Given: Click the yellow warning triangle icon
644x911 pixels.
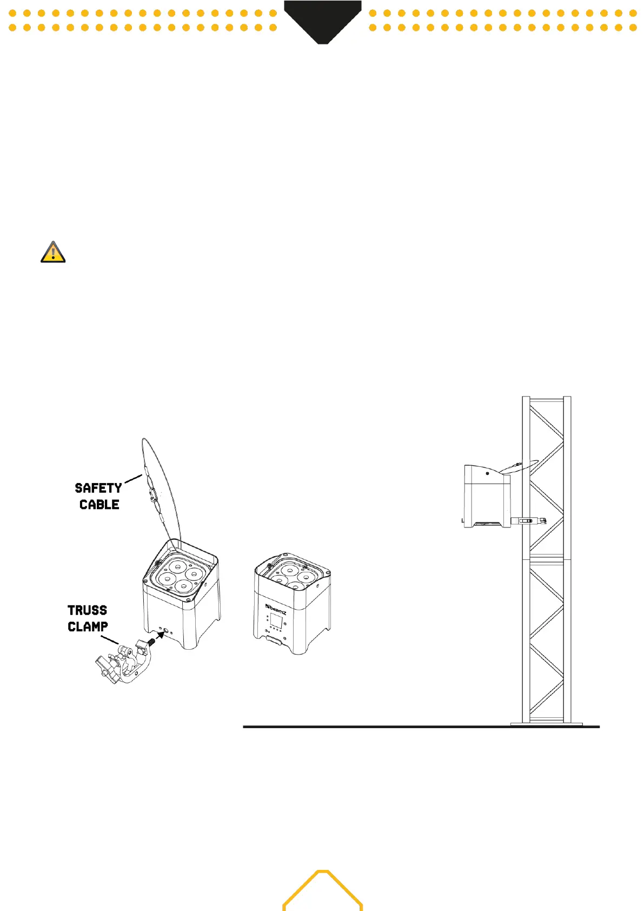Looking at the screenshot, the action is click(x=53, y=253).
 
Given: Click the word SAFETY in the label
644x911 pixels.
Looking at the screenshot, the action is click(x=98, y=488).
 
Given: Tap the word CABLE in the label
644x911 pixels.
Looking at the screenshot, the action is click(x=99, y=505).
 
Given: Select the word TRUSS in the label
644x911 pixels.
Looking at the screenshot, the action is click(x=87, y=610).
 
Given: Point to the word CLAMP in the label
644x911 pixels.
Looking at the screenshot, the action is click(x=88, y=626).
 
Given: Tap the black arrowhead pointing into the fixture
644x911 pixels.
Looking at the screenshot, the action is click(x=161, y=635).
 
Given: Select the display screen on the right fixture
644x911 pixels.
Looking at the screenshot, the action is click(x=277, y=619).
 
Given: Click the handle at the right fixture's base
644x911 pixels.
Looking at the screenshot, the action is click(x=275, y=641).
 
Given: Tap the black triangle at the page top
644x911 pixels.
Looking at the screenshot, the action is click(x=323, y=22).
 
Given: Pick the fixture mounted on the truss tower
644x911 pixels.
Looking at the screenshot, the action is click(x=486, y=496).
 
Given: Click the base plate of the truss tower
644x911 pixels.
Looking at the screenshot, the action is click(x=546, y=723).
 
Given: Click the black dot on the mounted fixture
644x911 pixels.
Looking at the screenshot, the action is click(x=487, y=473).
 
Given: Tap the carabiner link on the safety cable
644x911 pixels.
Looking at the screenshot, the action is click(x=151, y=493).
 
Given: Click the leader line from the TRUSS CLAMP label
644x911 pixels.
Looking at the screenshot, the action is click(x=110, y=639).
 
